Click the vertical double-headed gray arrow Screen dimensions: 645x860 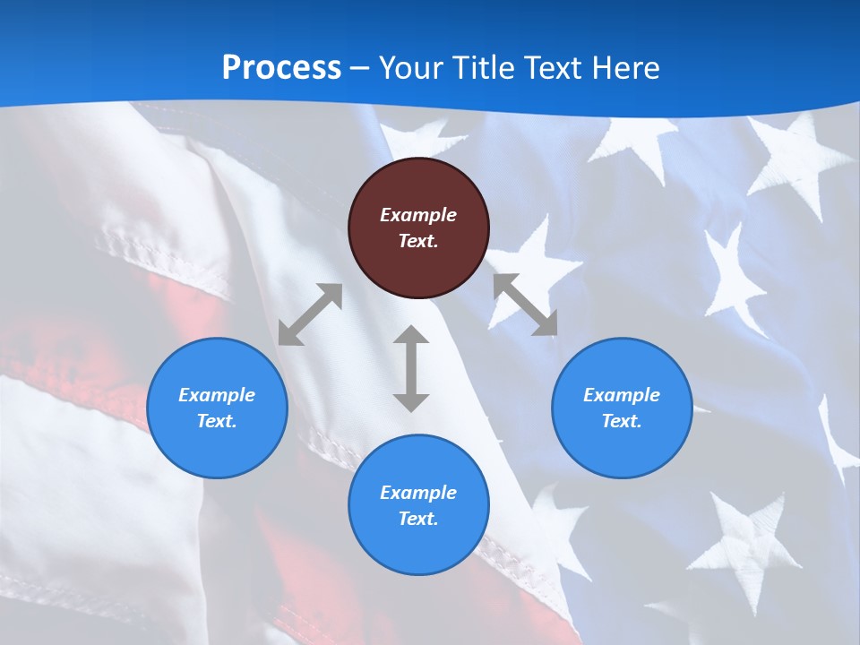pos(411,368)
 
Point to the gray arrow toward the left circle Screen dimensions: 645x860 pos(310,314)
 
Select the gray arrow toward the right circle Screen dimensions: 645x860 pos(525,305)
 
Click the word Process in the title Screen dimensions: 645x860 pos(281,67)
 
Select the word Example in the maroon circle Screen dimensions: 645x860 pos(418,215)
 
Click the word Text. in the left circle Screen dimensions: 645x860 pos(217,421)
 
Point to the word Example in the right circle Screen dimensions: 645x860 pos(622,395)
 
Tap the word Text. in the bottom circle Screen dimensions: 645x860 pos(418,519)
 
